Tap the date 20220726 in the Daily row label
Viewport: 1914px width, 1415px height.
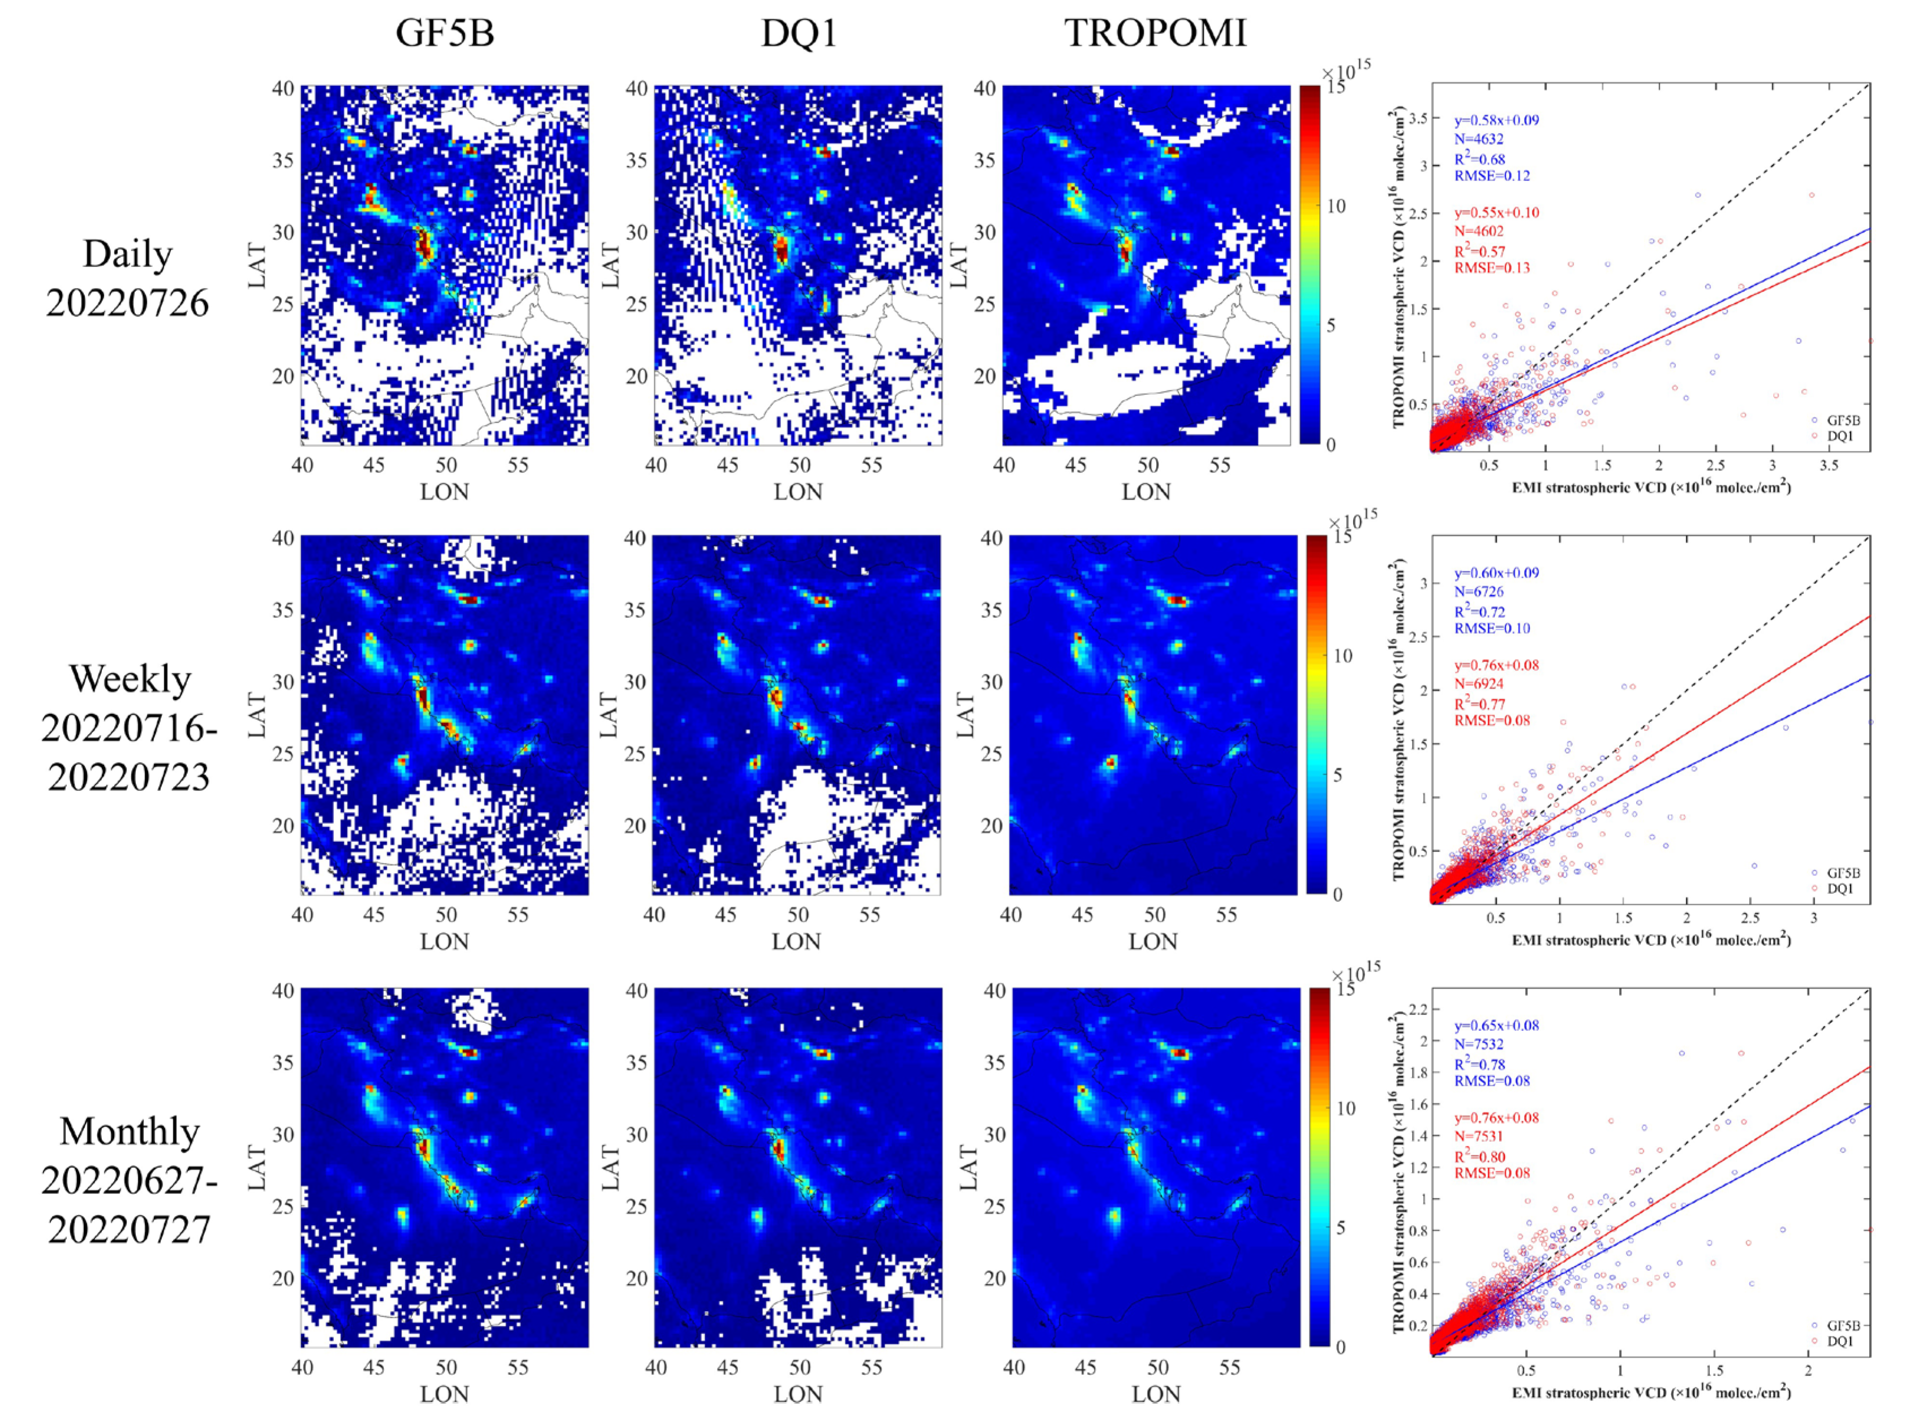point(128,303)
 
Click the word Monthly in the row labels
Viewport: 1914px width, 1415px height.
point(130,1132)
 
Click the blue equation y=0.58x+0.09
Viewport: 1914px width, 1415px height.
point(1496,120)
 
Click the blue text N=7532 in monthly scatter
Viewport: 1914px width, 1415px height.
point(1479,1043)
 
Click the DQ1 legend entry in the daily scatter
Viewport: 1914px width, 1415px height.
point(1839,436)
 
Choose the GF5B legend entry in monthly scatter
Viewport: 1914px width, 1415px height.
point(1842,1325)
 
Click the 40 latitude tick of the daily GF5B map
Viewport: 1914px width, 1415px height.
point(283,88)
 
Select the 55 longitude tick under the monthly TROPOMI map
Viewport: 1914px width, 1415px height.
point(1229,1368)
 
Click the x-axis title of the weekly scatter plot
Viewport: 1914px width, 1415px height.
point(1651,940)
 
